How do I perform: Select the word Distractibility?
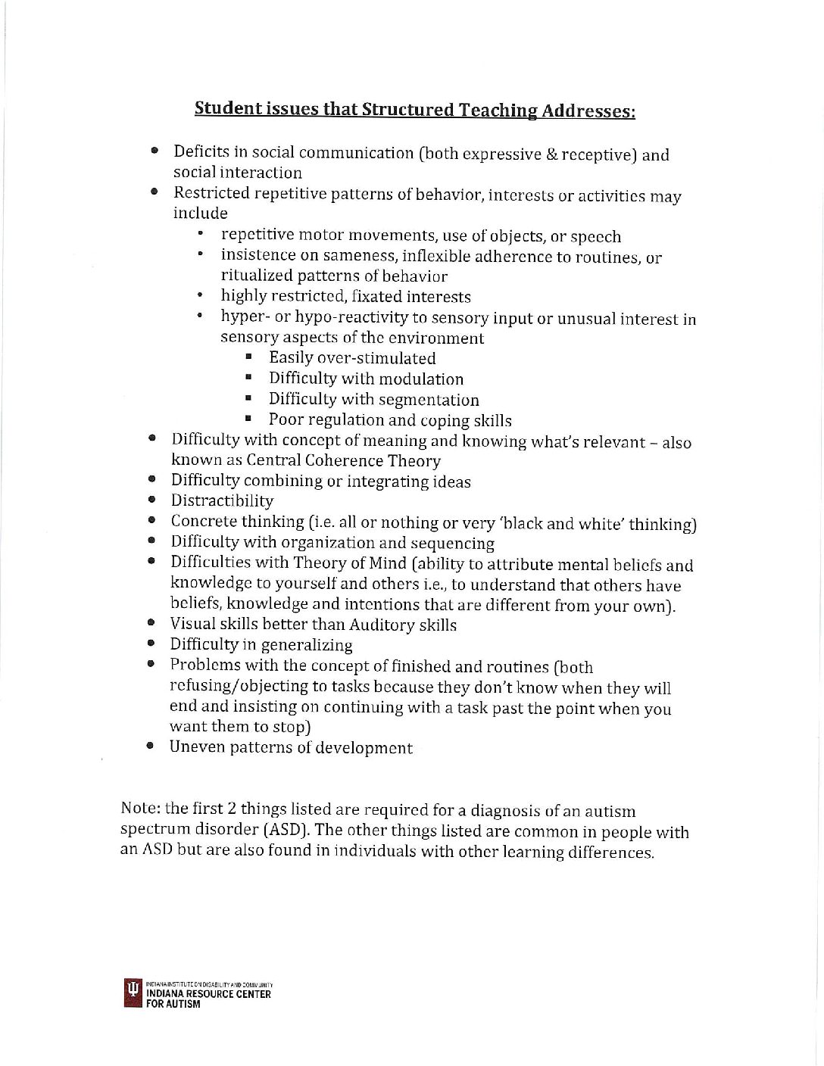(222, 500)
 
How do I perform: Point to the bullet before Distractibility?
(152, 500)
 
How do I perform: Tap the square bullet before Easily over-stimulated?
(248, 357)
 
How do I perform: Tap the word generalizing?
(307, 645)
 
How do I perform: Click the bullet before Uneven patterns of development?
(151, 747)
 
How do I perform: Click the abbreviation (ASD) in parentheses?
(286, 830)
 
